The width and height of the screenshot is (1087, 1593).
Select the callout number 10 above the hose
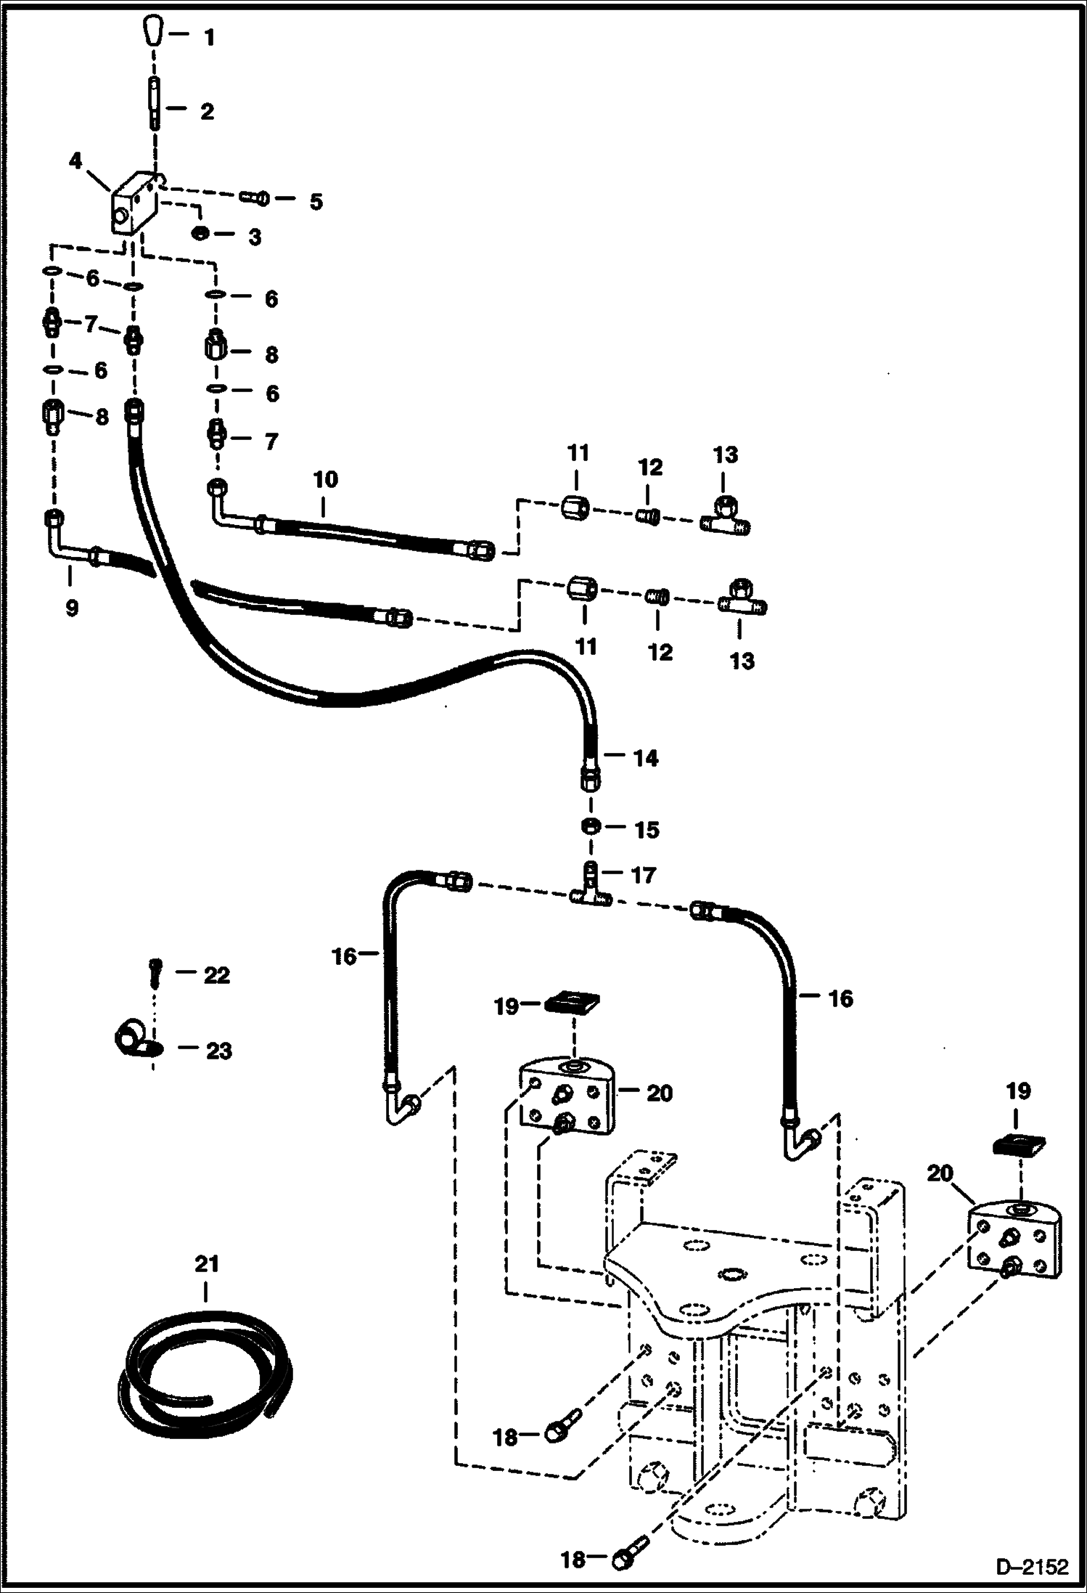(x=326, y=480)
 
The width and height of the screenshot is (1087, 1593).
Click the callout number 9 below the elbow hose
(x=71, y=607)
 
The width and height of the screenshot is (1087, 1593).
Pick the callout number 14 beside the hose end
(x=645, y=758)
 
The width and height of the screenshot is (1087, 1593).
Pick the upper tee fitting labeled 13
(x=725, y=517)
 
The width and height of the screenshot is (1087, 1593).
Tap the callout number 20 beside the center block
(x=659, y=1093)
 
